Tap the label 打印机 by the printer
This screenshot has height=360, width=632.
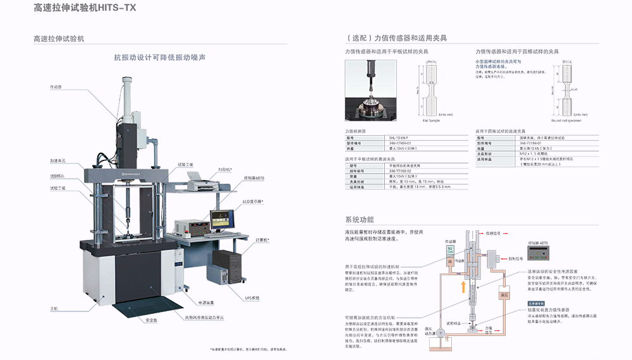[226, 169]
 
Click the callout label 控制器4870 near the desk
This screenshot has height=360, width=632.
[254, 179]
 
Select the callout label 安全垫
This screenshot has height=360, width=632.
[151, 321]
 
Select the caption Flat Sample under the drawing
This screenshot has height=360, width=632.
[431, 121]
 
